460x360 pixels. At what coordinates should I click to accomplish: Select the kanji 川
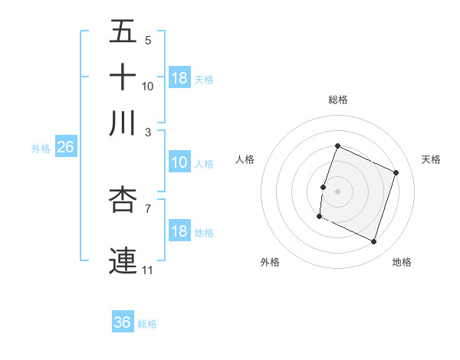123,123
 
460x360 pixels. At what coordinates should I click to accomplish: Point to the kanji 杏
123,200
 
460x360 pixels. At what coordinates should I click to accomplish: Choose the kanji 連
123,260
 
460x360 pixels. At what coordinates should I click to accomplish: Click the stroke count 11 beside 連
147,270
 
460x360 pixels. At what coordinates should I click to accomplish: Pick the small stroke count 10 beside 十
148,86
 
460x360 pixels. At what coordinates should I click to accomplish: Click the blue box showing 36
123,322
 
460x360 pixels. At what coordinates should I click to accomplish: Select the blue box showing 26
65,148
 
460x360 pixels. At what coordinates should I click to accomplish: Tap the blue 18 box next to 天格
179,77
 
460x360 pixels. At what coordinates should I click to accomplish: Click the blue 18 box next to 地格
179,231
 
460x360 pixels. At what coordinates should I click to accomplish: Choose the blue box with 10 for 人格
179,162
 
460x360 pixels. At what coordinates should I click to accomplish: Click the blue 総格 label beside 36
147,324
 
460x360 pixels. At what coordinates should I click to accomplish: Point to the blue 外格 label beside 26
40,149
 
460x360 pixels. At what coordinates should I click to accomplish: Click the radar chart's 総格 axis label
337,100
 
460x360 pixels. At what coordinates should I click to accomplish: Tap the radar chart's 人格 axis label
245,159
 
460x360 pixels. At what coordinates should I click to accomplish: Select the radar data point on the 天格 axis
396,172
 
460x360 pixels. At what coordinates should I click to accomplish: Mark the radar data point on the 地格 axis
374,242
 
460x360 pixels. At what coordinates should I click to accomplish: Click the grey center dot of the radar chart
337,191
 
